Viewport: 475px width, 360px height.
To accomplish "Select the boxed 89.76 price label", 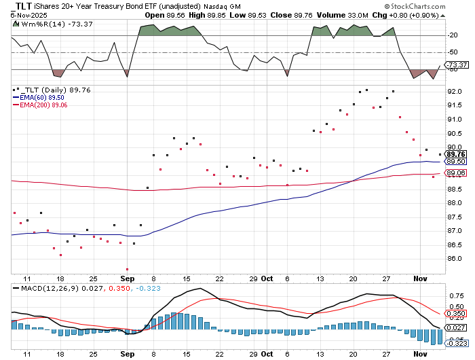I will (x=455, y=154).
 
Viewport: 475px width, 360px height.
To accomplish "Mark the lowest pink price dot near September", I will (x=127, y=269).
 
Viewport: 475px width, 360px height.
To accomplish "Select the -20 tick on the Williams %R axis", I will (x=453, y=35).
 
